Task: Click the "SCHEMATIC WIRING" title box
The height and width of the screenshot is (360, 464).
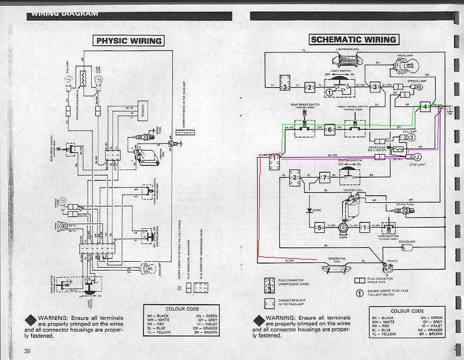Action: point(353,39)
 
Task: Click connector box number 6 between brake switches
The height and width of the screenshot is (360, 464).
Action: point(330,129)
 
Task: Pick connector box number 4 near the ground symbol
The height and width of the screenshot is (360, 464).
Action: point(425,106)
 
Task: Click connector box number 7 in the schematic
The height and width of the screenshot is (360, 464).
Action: point(324,178)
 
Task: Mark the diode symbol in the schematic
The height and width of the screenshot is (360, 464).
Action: point(310,208)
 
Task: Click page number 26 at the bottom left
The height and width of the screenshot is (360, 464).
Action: point(27,351)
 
